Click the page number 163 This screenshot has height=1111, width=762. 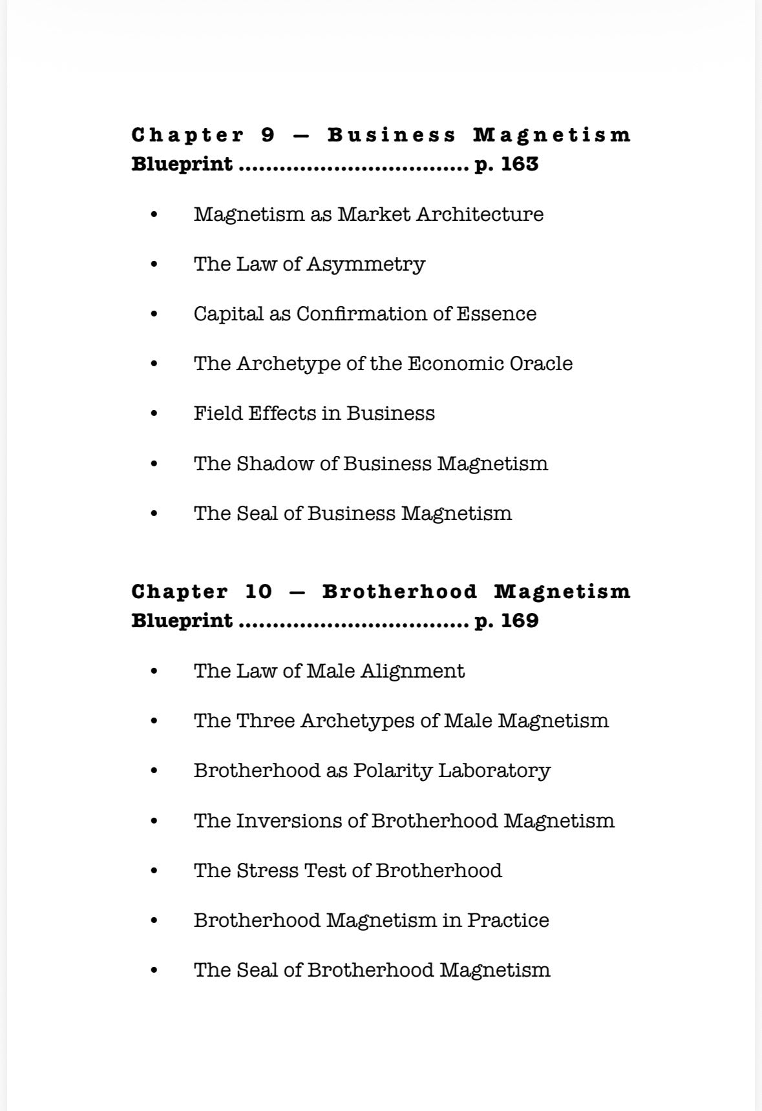[x=520, y=164]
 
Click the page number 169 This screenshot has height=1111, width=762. [x=520, y=621]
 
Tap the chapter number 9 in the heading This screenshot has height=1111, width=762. [x=268, y=135]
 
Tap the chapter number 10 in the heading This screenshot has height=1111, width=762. [x=259, y=592]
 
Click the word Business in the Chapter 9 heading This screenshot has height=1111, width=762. [x=392, y=135]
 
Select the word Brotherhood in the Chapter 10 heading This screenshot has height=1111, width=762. [x=399, y=592]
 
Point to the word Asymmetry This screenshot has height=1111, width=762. [x=366, y=264]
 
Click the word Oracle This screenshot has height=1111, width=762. [x=541, y=364]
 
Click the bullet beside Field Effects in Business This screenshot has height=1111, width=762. [x=153, y=413]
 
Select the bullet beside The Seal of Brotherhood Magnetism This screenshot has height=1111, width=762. [x=153, y=970]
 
